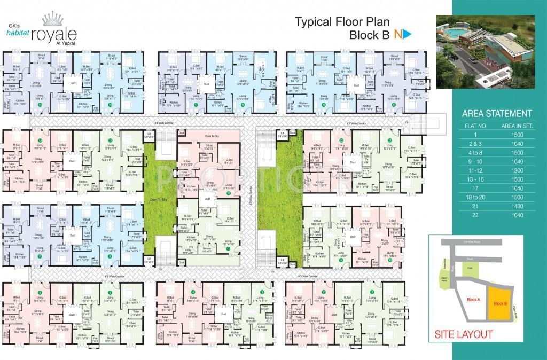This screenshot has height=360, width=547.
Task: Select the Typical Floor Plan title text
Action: tap(342, 22)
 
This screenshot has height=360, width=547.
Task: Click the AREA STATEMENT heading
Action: tap(496, 114)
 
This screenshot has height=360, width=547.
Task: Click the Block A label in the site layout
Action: tap(473, 300)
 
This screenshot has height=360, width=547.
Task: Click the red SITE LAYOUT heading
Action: tap(463, 335)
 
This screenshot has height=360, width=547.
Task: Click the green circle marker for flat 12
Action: tap(228, 193)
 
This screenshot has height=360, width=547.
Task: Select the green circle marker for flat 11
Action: tap(228, 248)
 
